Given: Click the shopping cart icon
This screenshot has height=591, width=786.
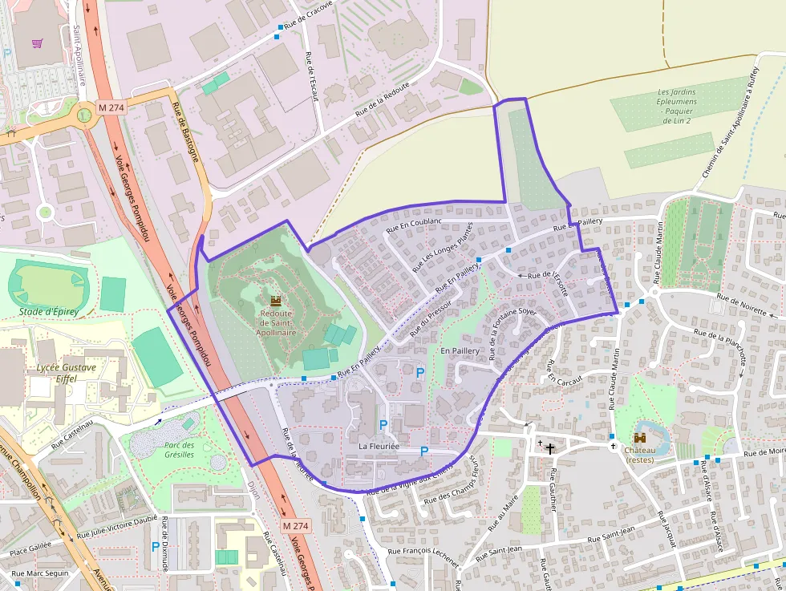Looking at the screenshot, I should (x=37, y=43).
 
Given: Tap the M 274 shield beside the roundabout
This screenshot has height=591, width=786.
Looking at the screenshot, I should (x=111, y=107).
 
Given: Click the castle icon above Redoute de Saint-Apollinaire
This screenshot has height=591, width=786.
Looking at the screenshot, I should (x=276, y=301).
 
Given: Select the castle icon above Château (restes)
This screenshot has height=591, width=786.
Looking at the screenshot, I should (x=640, y=438).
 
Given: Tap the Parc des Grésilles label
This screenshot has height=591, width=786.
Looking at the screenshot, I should (x=180, y=450).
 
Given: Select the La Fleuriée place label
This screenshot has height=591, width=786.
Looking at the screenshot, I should (x=379, y=446).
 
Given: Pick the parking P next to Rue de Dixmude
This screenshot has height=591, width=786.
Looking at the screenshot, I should (x=156, y=546).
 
